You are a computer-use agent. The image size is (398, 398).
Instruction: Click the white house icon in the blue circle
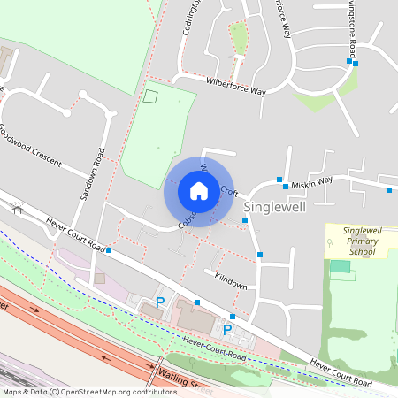[199, 191]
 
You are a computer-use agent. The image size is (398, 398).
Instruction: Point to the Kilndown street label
[230, 280]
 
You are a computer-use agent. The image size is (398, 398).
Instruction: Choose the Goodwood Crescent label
[30, 144]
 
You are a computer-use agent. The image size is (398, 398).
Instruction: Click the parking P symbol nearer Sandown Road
[160, 302]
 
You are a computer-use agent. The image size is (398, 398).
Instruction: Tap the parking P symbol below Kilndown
[227, 330]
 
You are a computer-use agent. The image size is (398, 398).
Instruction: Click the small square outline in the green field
[150, 96]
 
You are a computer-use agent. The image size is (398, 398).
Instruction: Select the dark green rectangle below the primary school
[341, 265]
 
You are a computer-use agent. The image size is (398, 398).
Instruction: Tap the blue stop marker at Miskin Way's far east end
[389, 189]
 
